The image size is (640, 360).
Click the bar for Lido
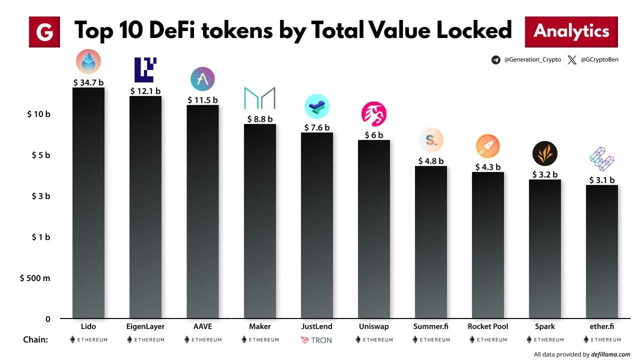coord(88,202)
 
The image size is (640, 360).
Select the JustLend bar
coord(316,225)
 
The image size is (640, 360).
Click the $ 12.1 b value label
coord(145,91)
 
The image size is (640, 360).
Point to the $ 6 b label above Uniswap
coord(373,135)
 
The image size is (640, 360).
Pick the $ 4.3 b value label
coord(487,167)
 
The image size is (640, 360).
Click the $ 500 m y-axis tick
coord(35,278)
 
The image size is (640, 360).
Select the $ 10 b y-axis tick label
coord(38,114)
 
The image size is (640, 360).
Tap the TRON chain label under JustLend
coord(316,340)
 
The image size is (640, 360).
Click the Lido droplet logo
coord(88,62)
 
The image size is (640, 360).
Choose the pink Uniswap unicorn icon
coord(374,113)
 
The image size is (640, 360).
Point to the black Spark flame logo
coord(544,153)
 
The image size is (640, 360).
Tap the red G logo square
coord(44,32)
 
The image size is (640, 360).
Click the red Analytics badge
coord(571,31)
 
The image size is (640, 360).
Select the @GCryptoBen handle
coord(599,60)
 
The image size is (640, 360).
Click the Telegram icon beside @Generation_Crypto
coord(495,60)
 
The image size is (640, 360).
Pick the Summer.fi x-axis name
coord(430,326)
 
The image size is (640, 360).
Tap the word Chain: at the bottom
coord(35,340)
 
